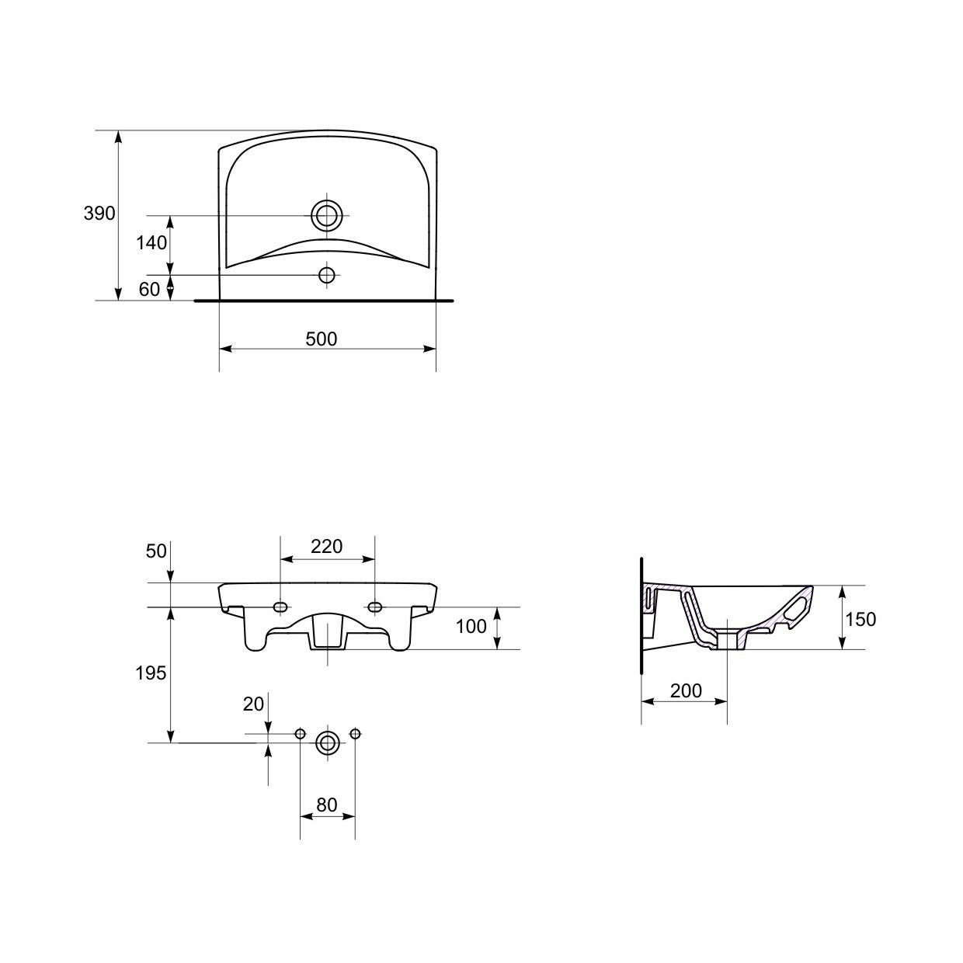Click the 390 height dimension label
pos(99,214)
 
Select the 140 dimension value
pos(152,243)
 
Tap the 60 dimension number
pos(149,290)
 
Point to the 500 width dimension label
pos(322,339)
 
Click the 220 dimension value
pos(327,546)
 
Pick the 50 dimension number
pos(156,551)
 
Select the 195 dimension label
pos(151,673)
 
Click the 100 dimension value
pos(471,626)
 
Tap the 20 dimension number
pos(253,704)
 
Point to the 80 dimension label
pos(327,805)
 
